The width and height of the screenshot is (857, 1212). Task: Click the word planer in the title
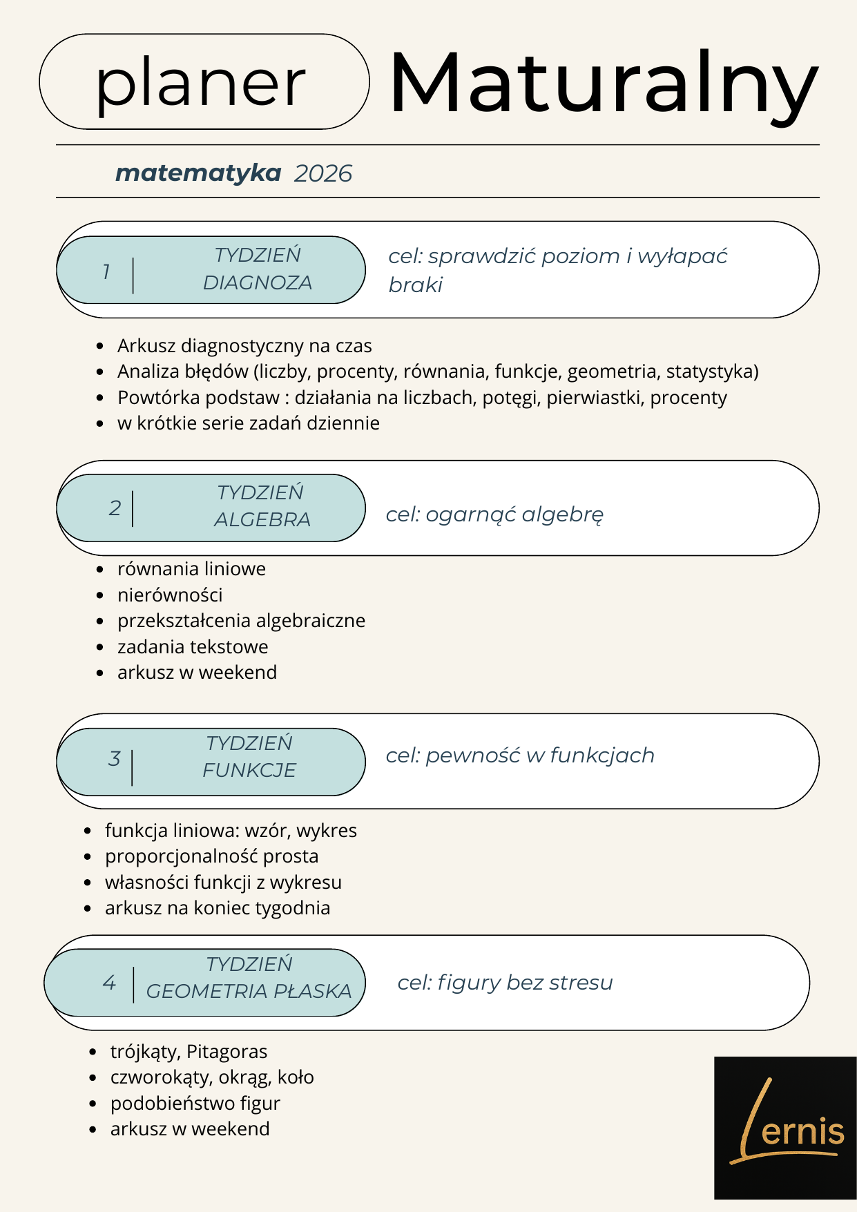pos(200,84)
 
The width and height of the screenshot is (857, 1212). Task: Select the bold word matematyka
pos(198,173)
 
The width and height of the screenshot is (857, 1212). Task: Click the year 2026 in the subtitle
pos(322,173)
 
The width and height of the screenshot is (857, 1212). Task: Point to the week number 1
pos(106,271)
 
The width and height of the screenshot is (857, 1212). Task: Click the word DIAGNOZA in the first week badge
pos(258,282)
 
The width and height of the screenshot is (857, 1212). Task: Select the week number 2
pos(115,508)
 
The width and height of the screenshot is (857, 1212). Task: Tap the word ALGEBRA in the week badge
pos(262,519)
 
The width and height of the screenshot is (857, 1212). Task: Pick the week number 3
pos(115,759)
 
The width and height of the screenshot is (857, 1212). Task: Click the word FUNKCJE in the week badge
pos(249,770)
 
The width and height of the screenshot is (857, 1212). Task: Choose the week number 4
pos(109,983)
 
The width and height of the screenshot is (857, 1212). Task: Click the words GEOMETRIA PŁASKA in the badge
pos(249,992)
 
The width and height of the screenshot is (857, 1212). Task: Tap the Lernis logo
pos(785,1127)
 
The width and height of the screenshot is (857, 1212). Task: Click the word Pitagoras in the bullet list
pos(227,1052)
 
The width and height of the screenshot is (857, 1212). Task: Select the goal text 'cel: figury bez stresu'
pos(505,982)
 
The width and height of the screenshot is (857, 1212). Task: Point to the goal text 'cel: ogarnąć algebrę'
pos(494,514)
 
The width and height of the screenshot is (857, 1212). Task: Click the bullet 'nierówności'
pos(170,595)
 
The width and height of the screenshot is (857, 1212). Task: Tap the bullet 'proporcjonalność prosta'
pos(211,856)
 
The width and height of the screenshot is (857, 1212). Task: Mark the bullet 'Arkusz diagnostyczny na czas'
pos(244,345)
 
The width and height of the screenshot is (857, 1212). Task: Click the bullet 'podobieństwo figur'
pos(195,1104)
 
